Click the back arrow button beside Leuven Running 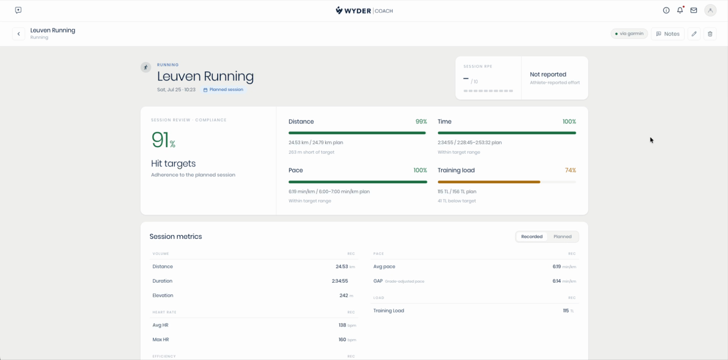19,34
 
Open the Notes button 668,34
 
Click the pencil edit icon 694,34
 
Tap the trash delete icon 710,34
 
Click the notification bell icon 680,10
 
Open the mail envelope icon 694,10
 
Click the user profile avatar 710,10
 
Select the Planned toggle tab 562,237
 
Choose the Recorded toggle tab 532,237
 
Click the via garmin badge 629,33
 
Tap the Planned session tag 224,90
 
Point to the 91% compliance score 163,140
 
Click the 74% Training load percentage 570,170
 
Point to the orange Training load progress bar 489,182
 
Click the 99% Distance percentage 421,122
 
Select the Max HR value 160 342,339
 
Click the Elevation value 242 343,295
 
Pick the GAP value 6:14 557,281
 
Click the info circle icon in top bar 666,10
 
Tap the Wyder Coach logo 364,11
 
